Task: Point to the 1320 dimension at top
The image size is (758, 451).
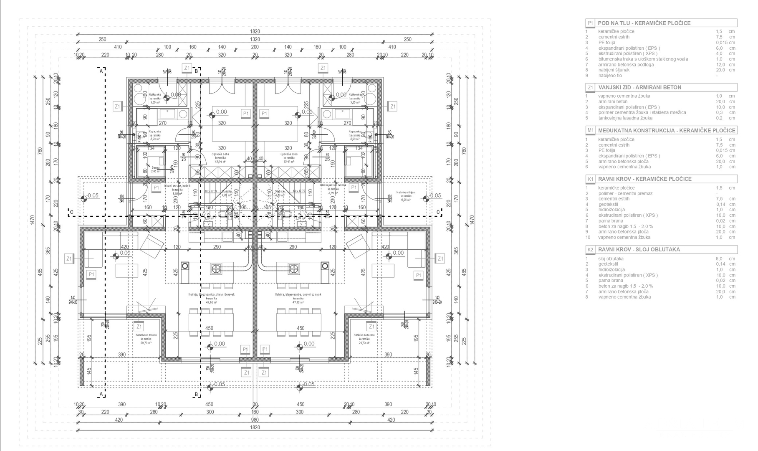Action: pos(255,39)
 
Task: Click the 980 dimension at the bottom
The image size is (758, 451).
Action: pos(255,420)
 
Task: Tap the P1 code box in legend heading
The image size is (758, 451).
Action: pos(590,23)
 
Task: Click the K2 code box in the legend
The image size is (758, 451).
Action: pos(590,250)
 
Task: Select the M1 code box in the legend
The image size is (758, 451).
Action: pos(590,130)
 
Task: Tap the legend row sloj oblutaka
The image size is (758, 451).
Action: pos(611,259)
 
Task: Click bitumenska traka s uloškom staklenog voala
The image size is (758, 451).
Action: pos(643,59)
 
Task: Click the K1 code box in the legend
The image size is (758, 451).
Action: pos(590,179)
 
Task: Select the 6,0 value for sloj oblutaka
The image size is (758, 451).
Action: pos(719,259)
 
